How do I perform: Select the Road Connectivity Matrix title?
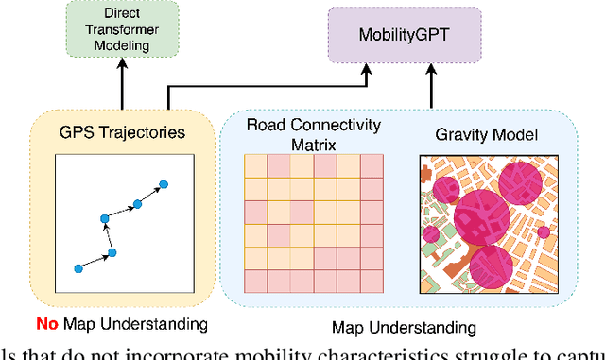(314, 134)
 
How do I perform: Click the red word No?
(47, 324)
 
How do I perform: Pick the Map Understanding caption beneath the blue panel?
(404, 328)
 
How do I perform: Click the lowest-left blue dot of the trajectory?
(78, 268)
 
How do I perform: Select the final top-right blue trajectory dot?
(162, 182)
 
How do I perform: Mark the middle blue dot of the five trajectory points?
(105, 218)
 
